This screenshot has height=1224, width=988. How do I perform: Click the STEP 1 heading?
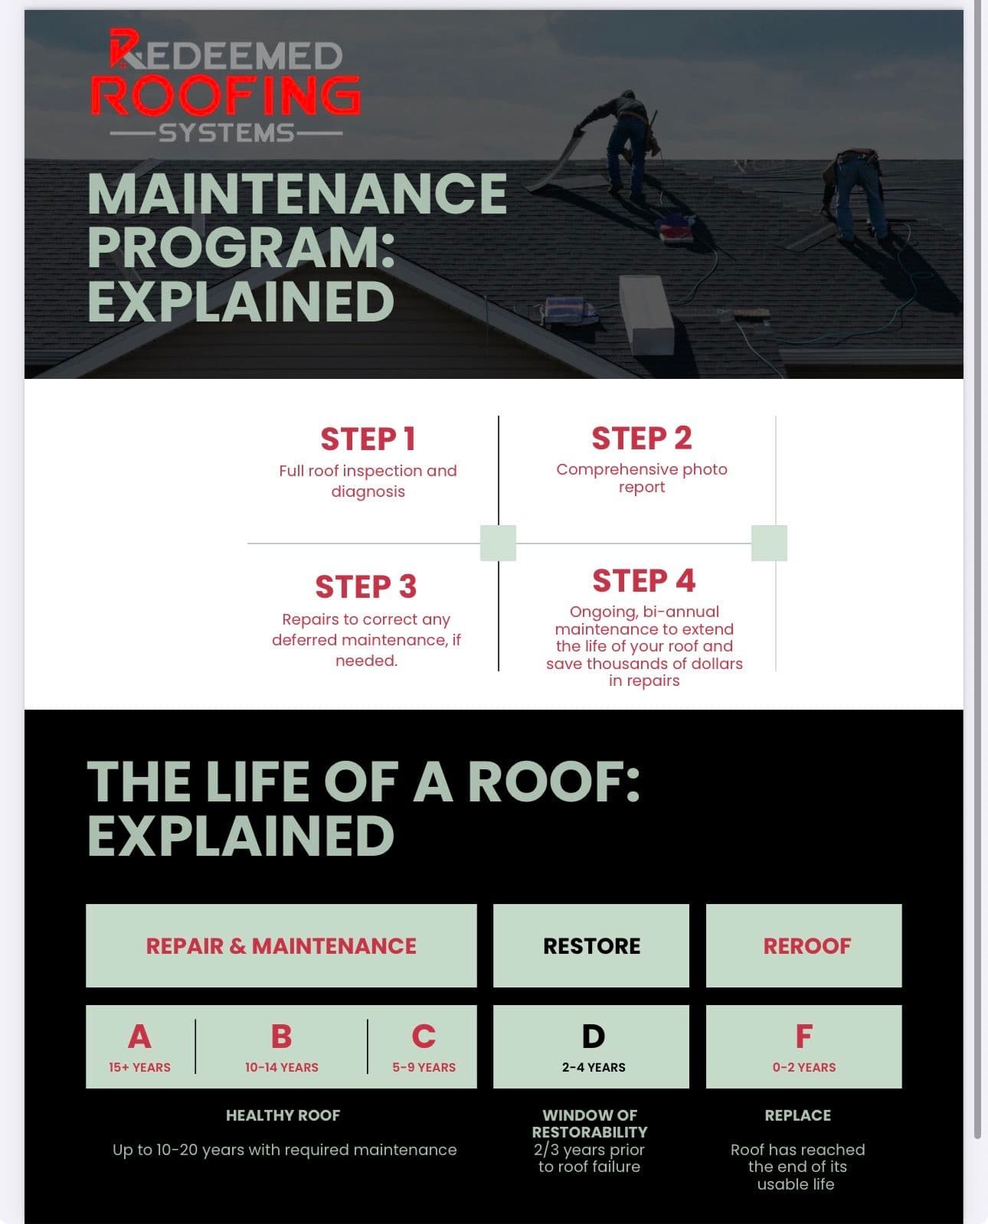click(x=368, y=439)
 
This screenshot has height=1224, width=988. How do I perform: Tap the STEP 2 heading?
click(x=641, y=439)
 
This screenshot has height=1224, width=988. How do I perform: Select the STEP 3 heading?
click(x=366, y=587)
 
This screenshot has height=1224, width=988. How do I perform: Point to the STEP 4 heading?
click(x=643, y=581)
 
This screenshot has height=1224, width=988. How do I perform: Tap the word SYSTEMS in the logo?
click(x=227, y=133)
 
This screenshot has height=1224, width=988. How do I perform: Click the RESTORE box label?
click(x=591, y=946)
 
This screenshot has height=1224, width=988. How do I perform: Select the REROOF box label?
click(x=806, y=946)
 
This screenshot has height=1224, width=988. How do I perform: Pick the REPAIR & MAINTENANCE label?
click(x=281, y=946)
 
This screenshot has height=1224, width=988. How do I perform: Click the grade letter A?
click(x=139, y=1037)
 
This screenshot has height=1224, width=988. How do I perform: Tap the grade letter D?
click(x=593, y=1037)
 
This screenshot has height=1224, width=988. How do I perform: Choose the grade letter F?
click(x=803, y=1037)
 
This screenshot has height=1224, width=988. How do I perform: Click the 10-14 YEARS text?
click(x=281, y=1067)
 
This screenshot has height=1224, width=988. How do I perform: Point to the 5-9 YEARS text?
click(x=424, y=1067)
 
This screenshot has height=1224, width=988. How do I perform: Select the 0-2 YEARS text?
click(x=803, y=1067)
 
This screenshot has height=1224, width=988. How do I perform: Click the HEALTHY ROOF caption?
click(x=283, y=1115)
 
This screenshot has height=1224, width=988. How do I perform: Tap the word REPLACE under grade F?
click(x=797, y=1115)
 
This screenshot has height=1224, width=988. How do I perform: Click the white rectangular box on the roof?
click(x=646, y=314)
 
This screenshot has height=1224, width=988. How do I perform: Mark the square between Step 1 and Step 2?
click(x=498, y=543)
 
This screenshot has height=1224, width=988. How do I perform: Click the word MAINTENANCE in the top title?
click(x=297, y=194)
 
